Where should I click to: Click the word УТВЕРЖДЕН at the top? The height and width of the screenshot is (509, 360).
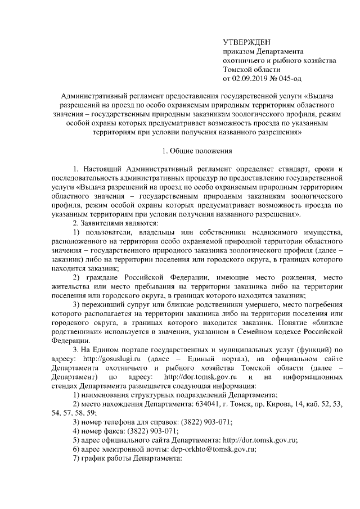click(x=247, y=42)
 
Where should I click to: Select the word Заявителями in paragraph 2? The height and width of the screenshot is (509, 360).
click(x=102, y=223)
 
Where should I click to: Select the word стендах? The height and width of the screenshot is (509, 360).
click(x=66, y=385)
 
